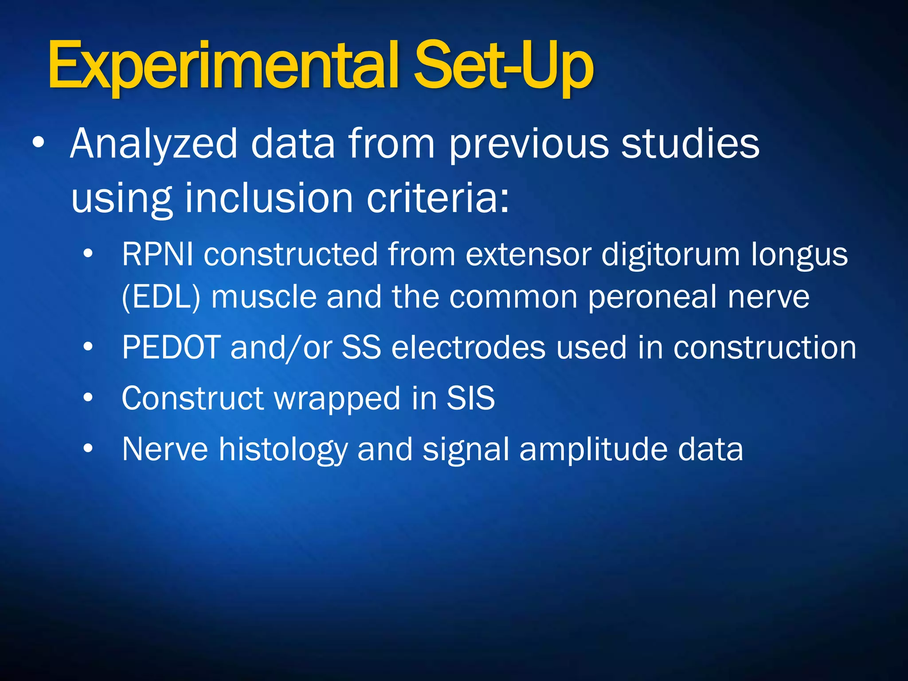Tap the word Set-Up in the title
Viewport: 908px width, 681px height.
[x=503, y=67]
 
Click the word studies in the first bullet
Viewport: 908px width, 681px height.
[x=690, y=144]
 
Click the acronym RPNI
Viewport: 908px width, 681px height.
[x=157, y=255]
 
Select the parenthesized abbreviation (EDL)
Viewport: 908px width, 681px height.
[x=161, y=297]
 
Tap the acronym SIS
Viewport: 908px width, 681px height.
[x=470, y=398]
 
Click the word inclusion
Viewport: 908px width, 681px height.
[x=269, y=198]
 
